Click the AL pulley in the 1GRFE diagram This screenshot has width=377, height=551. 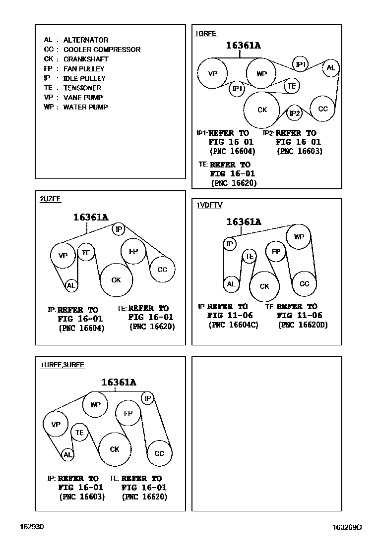331,68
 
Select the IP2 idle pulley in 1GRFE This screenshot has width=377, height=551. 295,113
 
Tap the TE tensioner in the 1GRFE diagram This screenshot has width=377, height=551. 292,86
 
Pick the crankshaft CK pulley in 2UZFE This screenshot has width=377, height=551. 116,280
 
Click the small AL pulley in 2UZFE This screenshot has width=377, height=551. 71,285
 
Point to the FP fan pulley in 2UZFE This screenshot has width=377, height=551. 133,251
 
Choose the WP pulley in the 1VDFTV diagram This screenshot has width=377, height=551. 299,237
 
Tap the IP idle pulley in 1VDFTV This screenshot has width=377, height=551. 230,244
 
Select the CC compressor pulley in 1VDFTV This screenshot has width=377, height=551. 304,284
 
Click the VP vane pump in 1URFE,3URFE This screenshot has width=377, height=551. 56,424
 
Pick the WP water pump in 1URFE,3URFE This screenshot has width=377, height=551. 95,404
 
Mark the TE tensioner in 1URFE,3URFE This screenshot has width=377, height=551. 79,433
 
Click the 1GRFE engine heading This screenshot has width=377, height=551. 206,34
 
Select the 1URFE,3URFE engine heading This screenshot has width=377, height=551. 63,365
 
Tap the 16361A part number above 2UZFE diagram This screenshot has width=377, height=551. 91,217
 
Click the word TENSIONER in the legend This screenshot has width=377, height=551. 82,88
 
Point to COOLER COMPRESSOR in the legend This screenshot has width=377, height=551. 102,50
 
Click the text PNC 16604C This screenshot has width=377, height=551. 234,325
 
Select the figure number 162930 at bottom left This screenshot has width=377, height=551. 32,527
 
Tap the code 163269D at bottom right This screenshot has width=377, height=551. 347,527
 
